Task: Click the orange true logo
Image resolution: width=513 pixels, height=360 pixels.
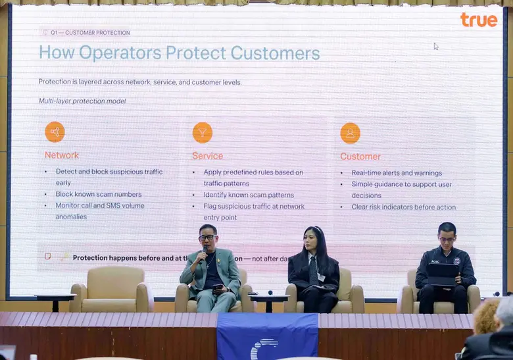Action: (x=479, y=20)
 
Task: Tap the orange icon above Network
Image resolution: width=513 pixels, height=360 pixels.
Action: (x=55, y=132)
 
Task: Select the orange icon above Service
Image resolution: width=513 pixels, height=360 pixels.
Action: (x=203, y=132)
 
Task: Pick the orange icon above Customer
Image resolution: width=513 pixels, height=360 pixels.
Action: (x=350, y=133)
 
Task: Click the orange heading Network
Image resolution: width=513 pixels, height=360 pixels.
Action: (x=62, y=155)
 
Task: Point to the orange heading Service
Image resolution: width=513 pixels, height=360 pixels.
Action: (x=207, y=156)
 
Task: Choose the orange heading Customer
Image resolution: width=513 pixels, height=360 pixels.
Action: (x=360, y=157)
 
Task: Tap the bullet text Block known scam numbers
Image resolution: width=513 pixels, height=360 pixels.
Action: (x=99, y=194)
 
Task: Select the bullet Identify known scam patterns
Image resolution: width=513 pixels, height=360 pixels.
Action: (x=249, y=195)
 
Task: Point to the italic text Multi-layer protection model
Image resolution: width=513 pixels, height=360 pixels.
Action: (x=82, y=101)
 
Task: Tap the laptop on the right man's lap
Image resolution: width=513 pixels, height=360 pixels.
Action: (x=443, y=274)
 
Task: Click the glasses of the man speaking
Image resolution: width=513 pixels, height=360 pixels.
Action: (x=207, y=237)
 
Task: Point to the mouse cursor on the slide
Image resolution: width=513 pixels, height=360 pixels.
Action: (x=435, y=46)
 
